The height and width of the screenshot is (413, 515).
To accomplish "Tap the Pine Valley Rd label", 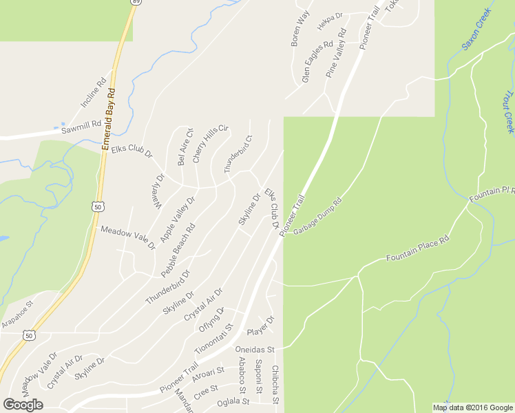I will point(336,53).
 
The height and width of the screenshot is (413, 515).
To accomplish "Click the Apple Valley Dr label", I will point(178,219).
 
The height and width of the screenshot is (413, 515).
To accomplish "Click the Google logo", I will point(23,405).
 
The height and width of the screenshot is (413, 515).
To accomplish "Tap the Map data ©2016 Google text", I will point(472,407).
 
